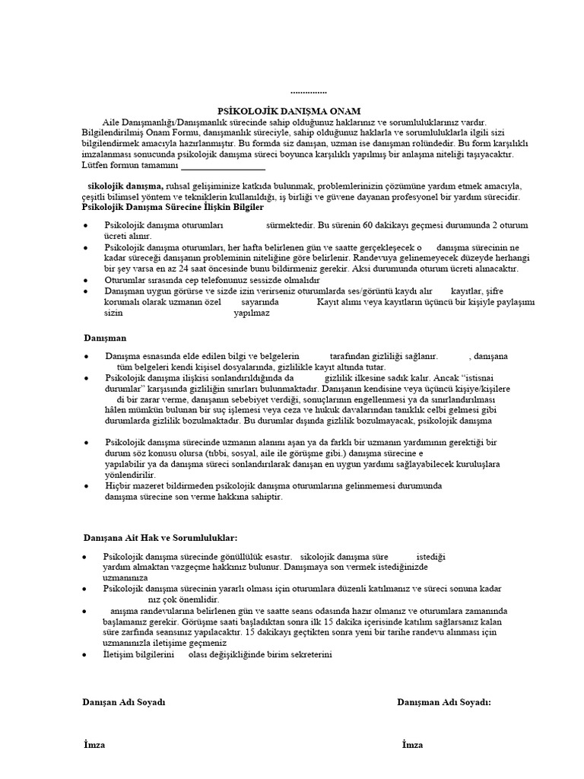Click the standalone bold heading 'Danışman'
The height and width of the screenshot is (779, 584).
pyautogui.click(x=104, y=336)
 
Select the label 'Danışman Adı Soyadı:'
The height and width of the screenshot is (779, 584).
pyautogui.click(x=444, y=702)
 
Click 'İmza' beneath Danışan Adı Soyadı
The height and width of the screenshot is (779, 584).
pyautogui.click(x=94, y=744)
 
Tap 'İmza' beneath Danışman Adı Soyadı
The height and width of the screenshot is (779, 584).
pyautogui.click(x=412, y=744)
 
